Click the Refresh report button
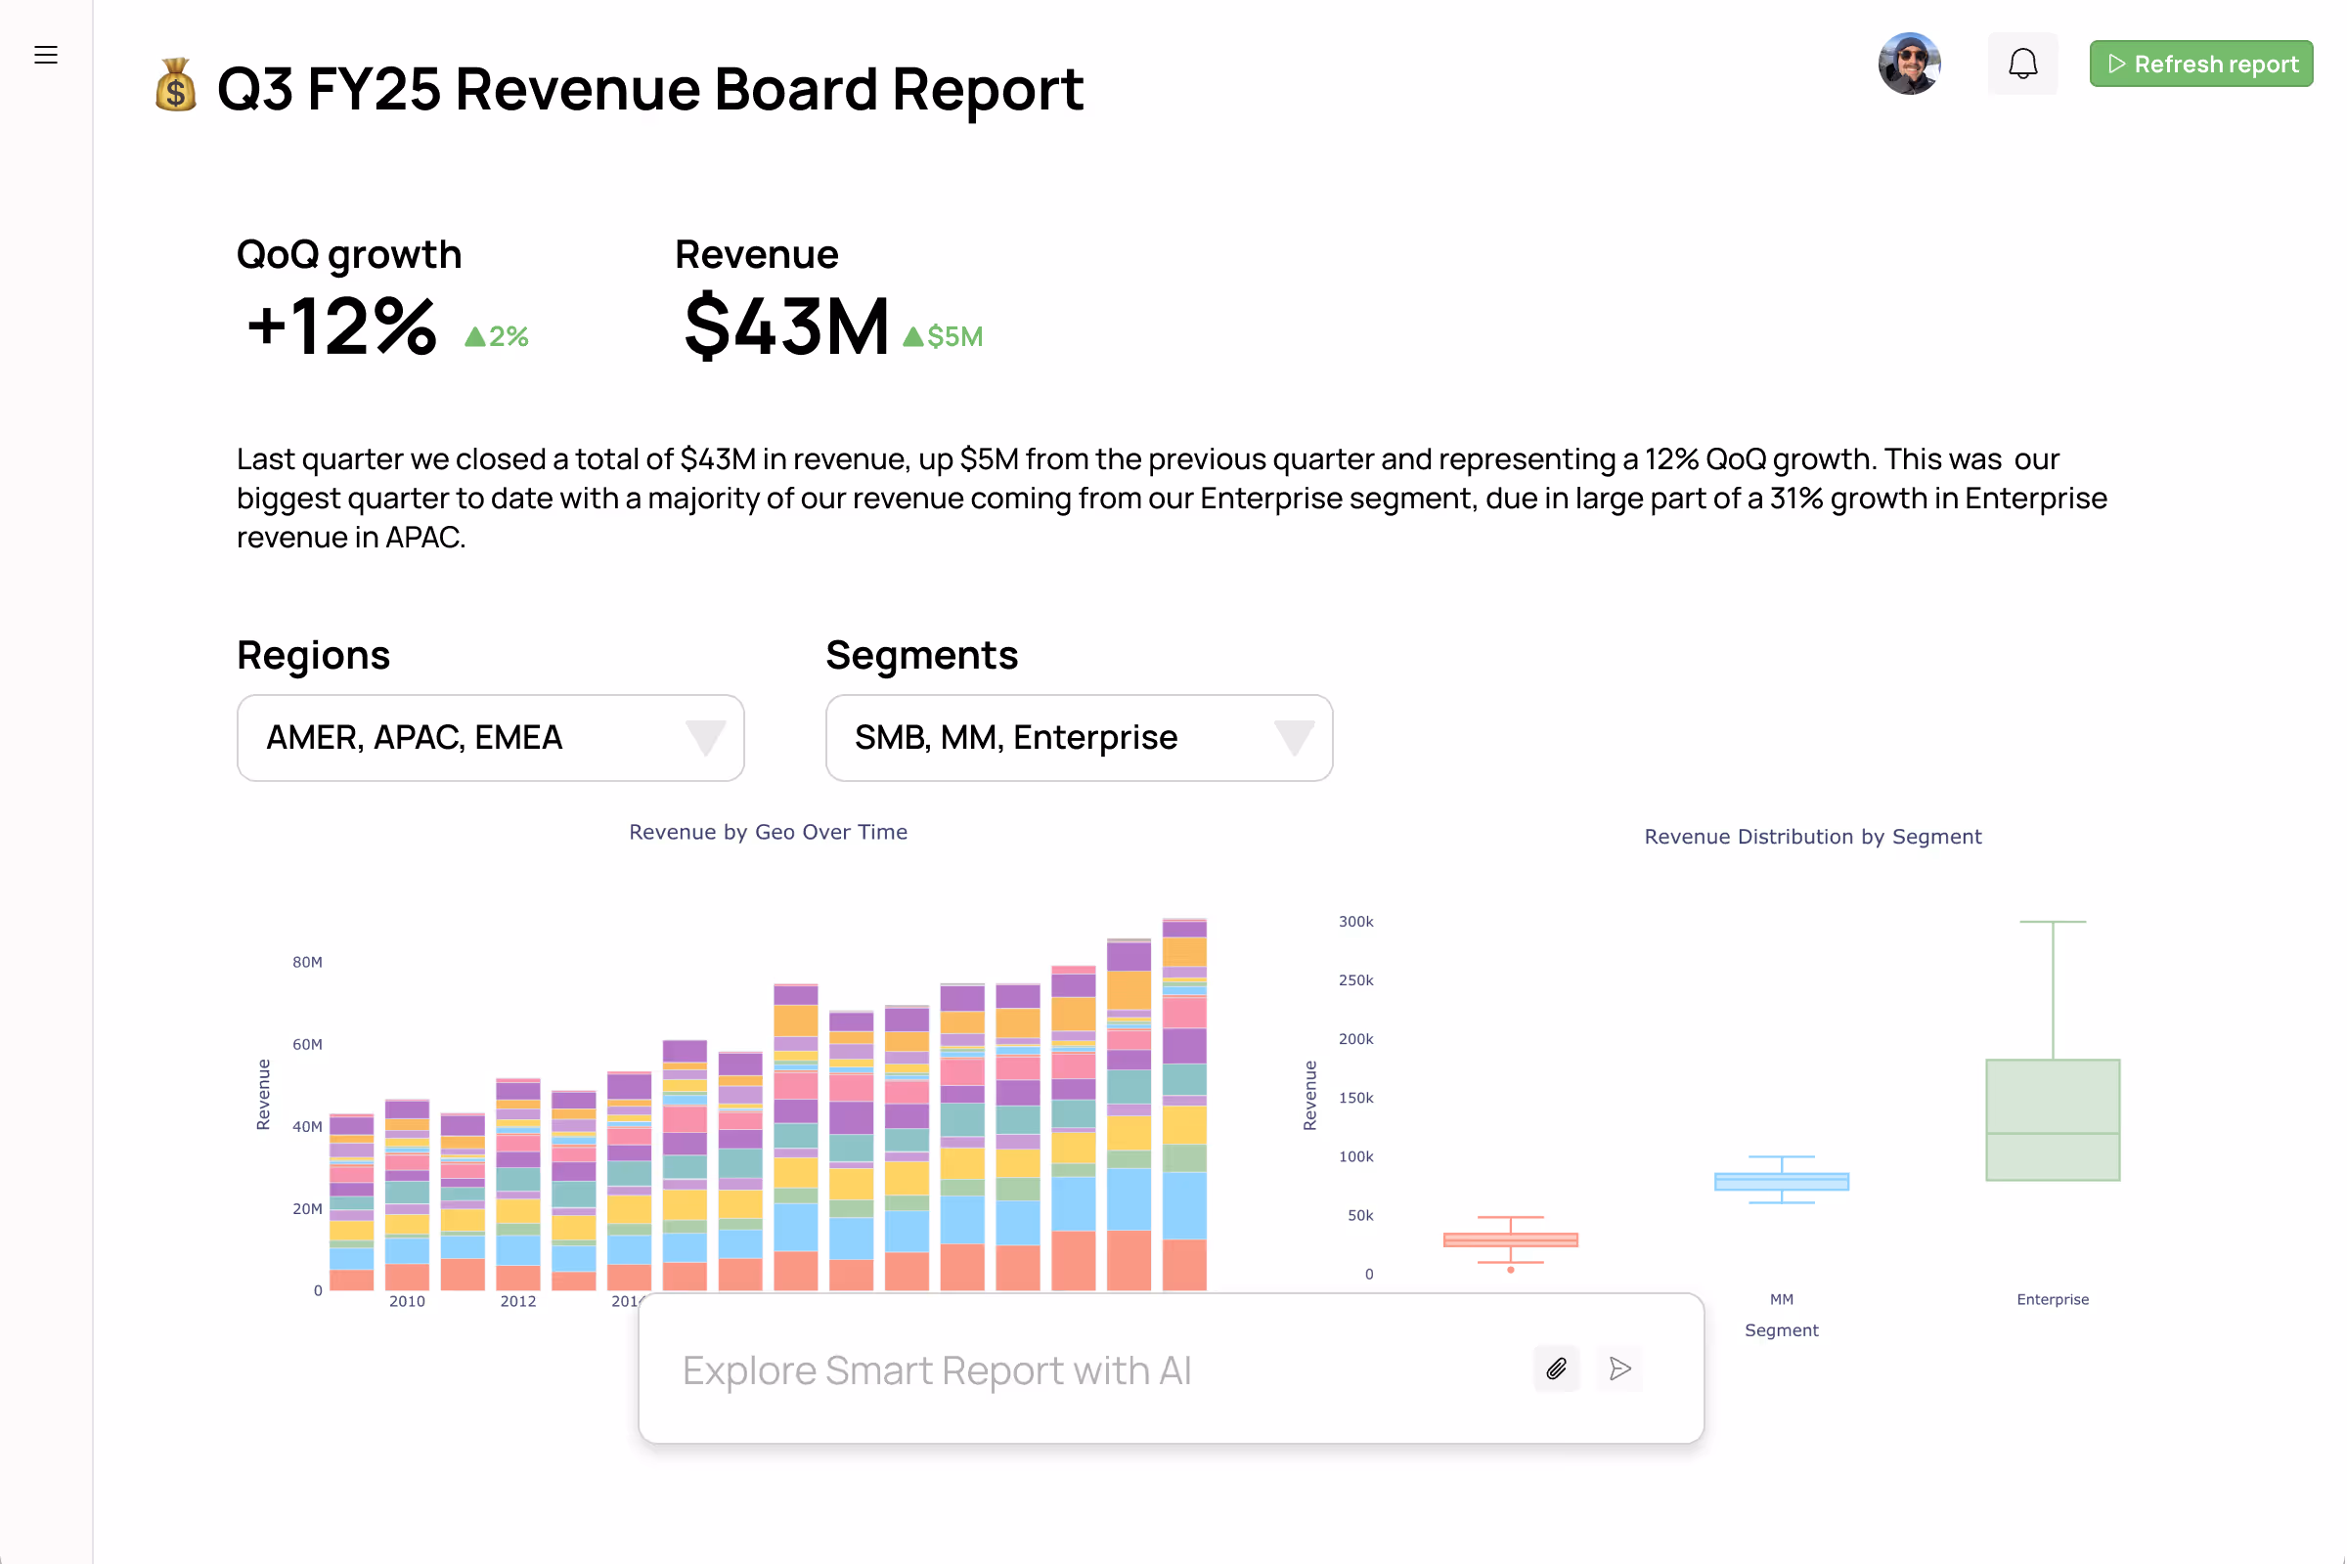[x=2200, y=64]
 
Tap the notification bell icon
[x=2021, y=64]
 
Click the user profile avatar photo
[x=1908, y=64]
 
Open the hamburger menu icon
[x=46, y=55]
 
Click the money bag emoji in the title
[x=176, y=86]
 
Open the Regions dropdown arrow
[x=704, y=737]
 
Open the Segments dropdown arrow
[x=1293, y=737]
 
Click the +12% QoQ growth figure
[x=341, y=326]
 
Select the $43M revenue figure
[x=786, y=326]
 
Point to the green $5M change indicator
[x=943, y=337]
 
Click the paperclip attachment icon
[x=1556, y=1368]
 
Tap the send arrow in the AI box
[x=1619, y=1368]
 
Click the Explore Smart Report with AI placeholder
[x=937, y=1370]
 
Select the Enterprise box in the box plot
[x=2052, y=1119]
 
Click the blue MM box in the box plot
[x=1781, y=1181]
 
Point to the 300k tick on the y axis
[x=1355, y=922]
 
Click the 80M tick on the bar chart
[x=307, y=963]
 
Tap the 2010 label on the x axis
[x=407, y=1301]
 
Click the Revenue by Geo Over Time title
[x=768, y=832]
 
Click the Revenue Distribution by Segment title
[x=1812, y=837]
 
